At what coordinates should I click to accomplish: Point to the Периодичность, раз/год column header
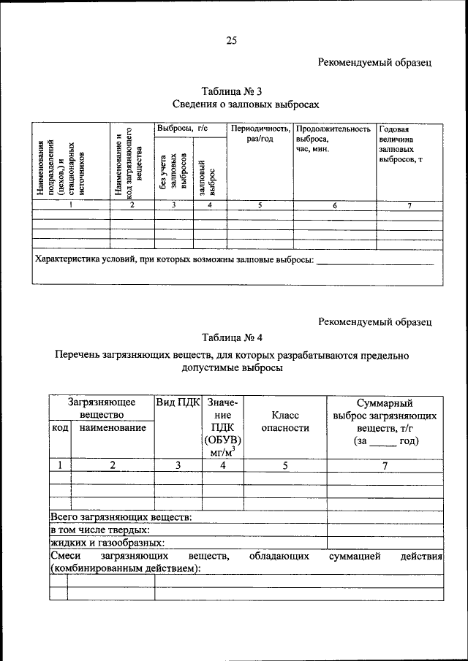pos(260,134)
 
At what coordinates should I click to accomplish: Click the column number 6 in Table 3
pos(334,206)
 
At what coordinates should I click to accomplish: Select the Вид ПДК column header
pos(178,402)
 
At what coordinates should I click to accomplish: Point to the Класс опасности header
pos(285,421)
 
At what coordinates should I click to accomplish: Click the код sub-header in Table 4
pos(59,427)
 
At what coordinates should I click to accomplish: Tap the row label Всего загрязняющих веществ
pos(121,517)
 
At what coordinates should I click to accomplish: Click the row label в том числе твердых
pos(100,530)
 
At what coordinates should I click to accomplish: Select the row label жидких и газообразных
pos(107,542)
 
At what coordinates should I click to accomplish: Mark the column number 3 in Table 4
pos(178,465)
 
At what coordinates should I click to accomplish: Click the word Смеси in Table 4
pos(66,556)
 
